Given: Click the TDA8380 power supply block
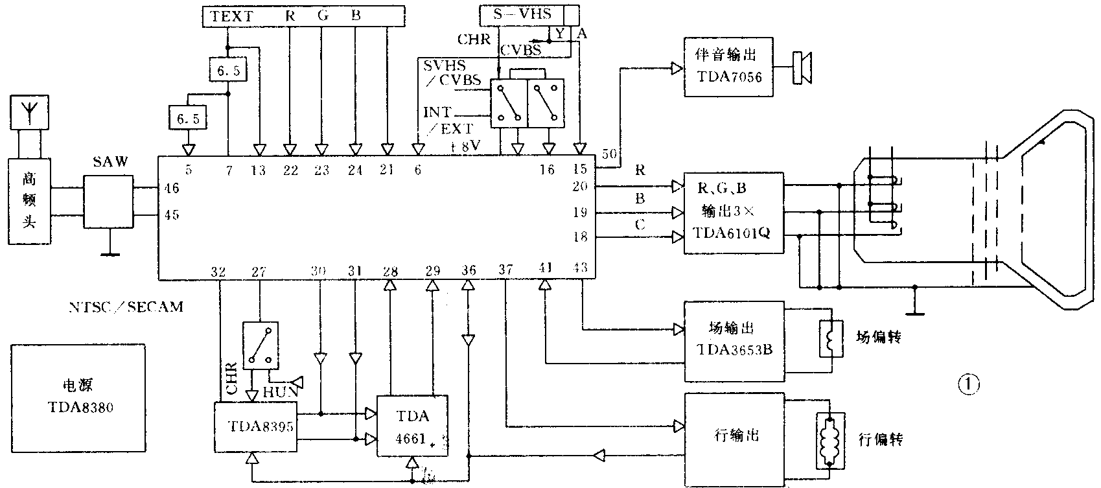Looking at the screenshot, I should [78, 398].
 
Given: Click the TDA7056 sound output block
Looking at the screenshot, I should [729, 67].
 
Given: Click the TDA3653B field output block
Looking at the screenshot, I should [735, 341].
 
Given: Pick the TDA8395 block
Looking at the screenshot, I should [256, 426].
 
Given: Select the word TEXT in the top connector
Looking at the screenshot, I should [231, 16].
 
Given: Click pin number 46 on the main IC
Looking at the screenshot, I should [172, 189].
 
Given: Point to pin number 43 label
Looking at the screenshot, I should [580, 266].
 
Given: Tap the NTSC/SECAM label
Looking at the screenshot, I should [126, 307].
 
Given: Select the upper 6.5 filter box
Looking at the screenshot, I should [227, 70].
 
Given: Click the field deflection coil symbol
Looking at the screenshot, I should [831, 338].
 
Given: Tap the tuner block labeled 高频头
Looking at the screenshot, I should [30, 201].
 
